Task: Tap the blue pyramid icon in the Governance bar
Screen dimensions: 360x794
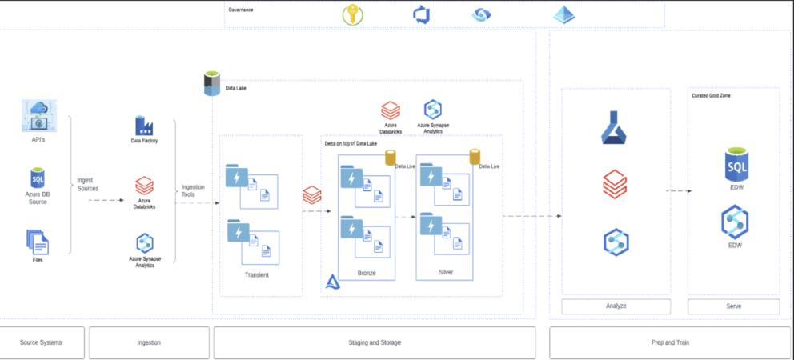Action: coord(564,14)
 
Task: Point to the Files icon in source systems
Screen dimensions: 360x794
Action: coord(38,241)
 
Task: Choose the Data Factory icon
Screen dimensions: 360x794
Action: coord(144,126)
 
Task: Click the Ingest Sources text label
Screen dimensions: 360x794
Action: coord(88,185)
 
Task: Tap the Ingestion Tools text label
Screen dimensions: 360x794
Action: coord(193,190)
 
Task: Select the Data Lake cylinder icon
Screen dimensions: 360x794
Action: coord(212,83)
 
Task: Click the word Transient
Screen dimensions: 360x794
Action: coord(256,274)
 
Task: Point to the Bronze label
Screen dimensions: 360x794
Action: coord(367,273)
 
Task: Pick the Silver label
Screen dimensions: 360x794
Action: coord(446,272)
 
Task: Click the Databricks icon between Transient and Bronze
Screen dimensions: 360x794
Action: coord(312,194)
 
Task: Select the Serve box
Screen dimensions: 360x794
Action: coord(733,306)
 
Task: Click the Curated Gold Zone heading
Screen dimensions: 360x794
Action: coord(711,96)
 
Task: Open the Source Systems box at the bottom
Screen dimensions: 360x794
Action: coord(41,342)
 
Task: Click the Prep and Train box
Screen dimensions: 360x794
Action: coord(666,342)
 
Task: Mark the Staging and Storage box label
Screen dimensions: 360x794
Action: coord(375,342)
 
